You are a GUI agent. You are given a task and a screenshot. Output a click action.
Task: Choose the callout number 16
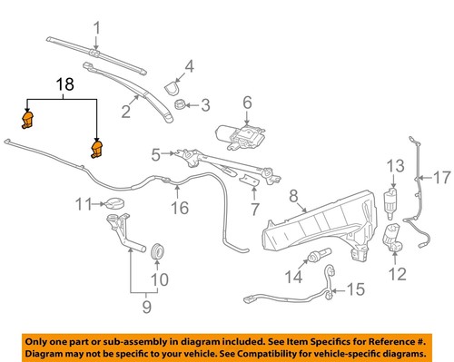pyautogui.click(x=180, y=208)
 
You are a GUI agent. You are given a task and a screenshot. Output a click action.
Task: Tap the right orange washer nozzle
pyautogui.click(x=95, y=148)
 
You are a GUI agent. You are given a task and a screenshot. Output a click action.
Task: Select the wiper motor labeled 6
pyautogui.click(x=242, y=135)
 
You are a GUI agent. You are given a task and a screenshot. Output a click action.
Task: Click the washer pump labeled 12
pyautogui.click(x=393, y=240)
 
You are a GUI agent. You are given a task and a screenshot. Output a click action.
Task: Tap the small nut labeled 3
pyautogui.click(x=181, y=105)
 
